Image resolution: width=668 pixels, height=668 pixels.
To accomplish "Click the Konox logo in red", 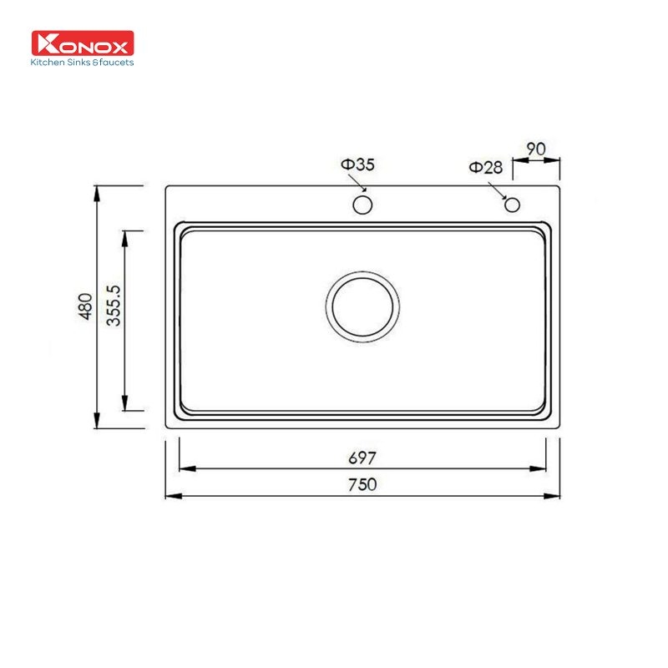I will (x=83, y=44).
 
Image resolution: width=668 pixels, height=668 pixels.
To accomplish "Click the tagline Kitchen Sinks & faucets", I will (x=82, y=62).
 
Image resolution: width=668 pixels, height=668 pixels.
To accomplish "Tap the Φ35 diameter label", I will (x=357, y=165).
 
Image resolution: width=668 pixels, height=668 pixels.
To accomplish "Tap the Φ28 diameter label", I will (x=486, y=168).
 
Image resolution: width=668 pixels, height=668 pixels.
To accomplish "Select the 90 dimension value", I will (x=535, y=149).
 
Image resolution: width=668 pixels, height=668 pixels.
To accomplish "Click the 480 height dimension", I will (x=84, y=306).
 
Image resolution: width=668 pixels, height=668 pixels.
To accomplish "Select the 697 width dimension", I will (x=362, y=458).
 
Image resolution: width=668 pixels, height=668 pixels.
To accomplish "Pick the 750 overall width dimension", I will (x=362, y=483).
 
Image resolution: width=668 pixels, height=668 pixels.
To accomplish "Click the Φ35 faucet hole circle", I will (x=362, y=205).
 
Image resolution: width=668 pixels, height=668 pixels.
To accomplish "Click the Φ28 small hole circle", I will (x=513, y=205).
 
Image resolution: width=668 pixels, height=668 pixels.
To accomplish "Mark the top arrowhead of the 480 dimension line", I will (x=98, y=193).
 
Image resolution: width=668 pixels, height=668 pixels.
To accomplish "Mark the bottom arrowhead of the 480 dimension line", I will (x=98, y=421).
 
